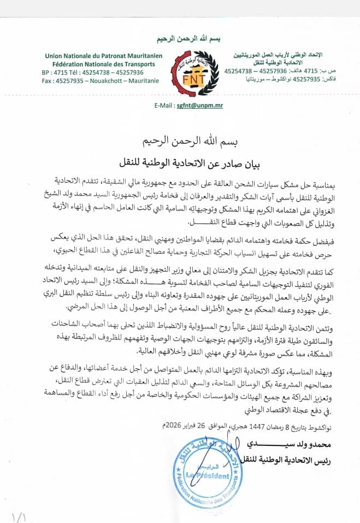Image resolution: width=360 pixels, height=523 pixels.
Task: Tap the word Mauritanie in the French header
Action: point(143,80)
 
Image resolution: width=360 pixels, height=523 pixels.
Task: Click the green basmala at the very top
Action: point(180,39)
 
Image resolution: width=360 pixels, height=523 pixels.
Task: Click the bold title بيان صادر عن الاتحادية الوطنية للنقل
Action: point(180,162)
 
